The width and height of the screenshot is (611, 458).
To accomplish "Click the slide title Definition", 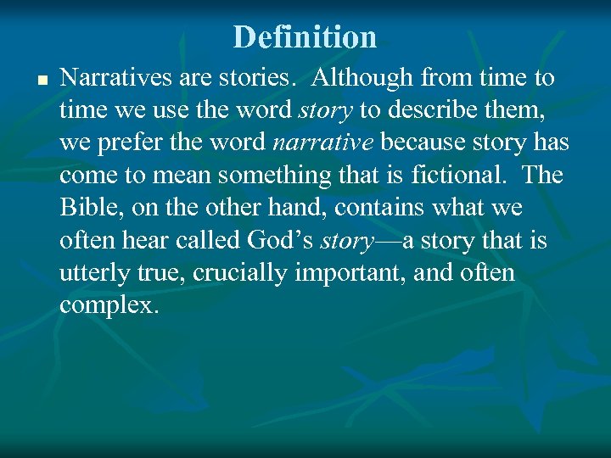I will [305, 36].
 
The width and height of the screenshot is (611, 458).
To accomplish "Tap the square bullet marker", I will [40, 81].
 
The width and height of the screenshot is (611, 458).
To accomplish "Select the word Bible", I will [88, 208].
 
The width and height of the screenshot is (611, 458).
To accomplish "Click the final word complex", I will [109, 305].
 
